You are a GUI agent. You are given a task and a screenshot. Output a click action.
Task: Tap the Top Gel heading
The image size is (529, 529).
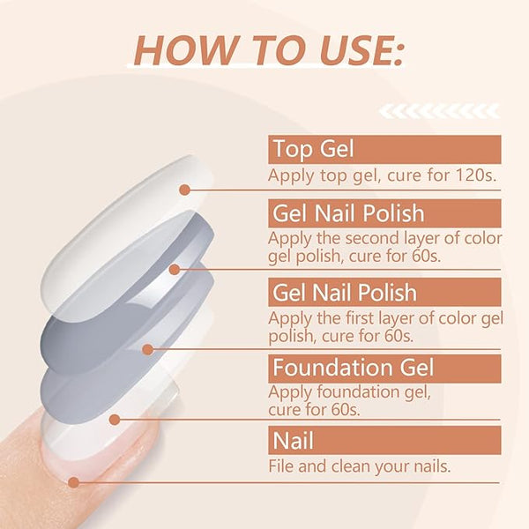click(x=313, y=149)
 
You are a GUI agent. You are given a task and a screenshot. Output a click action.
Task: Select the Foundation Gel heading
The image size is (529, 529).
click(x=353, y=367)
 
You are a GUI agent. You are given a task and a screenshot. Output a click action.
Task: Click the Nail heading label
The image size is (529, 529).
click(x=294, y=440)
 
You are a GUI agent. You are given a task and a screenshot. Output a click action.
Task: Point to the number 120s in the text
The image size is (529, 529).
click(x=476, y=175)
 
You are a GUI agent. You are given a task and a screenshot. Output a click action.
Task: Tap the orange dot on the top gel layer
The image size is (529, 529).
click(x=184, y=190)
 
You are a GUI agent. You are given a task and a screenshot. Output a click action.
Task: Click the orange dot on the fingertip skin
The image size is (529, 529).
click(x=73, y=482)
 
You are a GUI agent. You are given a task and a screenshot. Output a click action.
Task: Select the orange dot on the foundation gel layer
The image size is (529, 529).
click(x=115, y=420)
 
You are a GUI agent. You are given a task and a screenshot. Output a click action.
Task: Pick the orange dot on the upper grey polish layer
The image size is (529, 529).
click(x=174, y=270)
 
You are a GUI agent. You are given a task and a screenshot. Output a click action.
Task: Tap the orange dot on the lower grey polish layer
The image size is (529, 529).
click(x=148, y=349)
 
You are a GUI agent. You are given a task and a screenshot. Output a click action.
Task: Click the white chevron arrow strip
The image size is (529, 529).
click(x=439, y=112)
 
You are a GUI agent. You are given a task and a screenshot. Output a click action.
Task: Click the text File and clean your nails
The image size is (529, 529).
click(x=360, y=466)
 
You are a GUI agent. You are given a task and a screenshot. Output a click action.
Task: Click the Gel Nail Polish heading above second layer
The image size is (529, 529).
click(x=348, y=212)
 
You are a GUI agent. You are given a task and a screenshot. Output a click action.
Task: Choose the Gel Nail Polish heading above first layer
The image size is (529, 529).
click(x=345, y=292)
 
